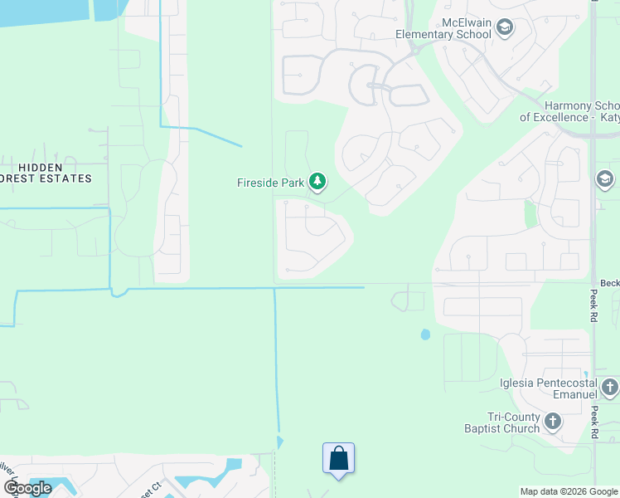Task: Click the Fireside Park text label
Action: [x=271, y=181]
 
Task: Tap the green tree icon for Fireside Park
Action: [x=317, y=181]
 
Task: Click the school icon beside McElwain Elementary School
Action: [x=504, y=28]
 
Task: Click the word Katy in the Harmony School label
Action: [x=608, y=118]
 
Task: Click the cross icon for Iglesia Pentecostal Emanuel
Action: [x=609, y=387]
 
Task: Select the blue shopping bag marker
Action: [x=338, y=458]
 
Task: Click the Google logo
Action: [x=28, y=488]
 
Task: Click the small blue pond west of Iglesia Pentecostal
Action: [x=425, y=334]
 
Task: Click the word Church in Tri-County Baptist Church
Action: [x=521, y=429]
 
